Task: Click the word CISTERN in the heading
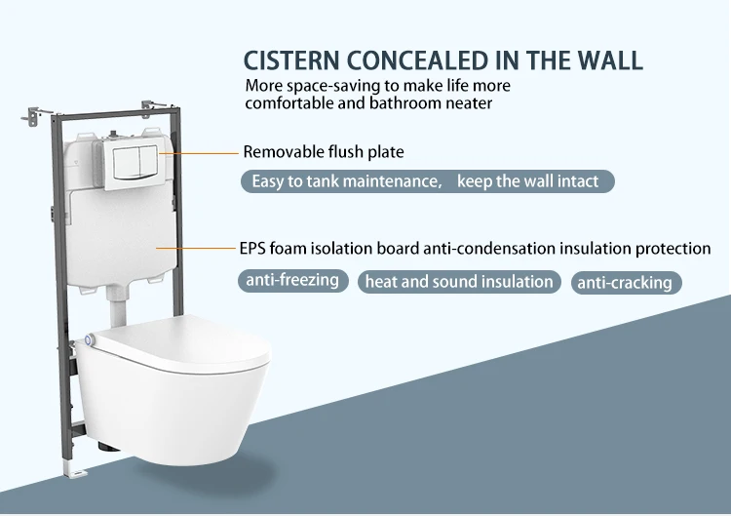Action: [x=291, y=60]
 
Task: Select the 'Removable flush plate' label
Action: [x=323, y=152]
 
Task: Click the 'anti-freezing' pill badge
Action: [x=292, y=281]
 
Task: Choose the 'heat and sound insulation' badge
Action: [x=459, y=282]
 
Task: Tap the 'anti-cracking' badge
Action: [x=625, y=283]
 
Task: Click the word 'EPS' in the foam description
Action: [x=251, y=248]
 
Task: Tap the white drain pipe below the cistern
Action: [x=116, y=309]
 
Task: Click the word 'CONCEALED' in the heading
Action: [x=421, y=60]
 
